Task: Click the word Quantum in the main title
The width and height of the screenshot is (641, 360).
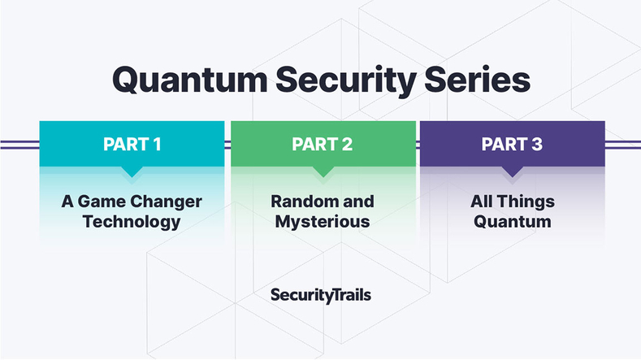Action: pyautogui.click(x=190, y=80)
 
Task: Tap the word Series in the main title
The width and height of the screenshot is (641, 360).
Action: pyautogui.click(x=478, y=80)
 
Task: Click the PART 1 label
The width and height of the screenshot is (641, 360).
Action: pyautogui.click(x=132, y=144)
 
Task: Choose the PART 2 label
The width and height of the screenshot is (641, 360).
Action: pyautogui.click(x=323, y=144)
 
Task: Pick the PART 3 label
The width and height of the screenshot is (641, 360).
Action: pyautogui.click(x=512, y=144)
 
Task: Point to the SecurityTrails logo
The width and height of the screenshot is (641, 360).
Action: pyautogui.click(x=321, y=295)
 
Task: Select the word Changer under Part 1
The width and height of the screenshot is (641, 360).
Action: pyautogui.click(x=167, y=202)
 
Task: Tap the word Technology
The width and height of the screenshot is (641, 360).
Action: pyautogui.click(x=132, y=222)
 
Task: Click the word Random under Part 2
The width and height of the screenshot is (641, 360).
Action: pyautogui.click(x=301, y=202)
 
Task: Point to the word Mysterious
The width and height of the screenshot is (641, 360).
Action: pyautogui.click(x=323, y=222)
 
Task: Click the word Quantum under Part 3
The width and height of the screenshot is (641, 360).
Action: pyautogui.click(x=512, y=222)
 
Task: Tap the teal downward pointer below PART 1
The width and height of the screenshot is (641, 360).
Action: pyautogui.click(x=132, y=171)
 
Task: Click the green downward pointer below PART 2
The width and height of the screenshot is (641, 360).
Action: pyautogui.click(x=323, y=171)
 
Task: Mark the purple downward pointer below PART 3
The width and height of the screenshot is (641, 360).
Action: pyautogui.click(x=512, y=171)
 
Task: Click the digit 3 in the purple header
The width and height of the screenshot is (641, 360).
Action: pyautogui.click(x=537, y=144)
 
